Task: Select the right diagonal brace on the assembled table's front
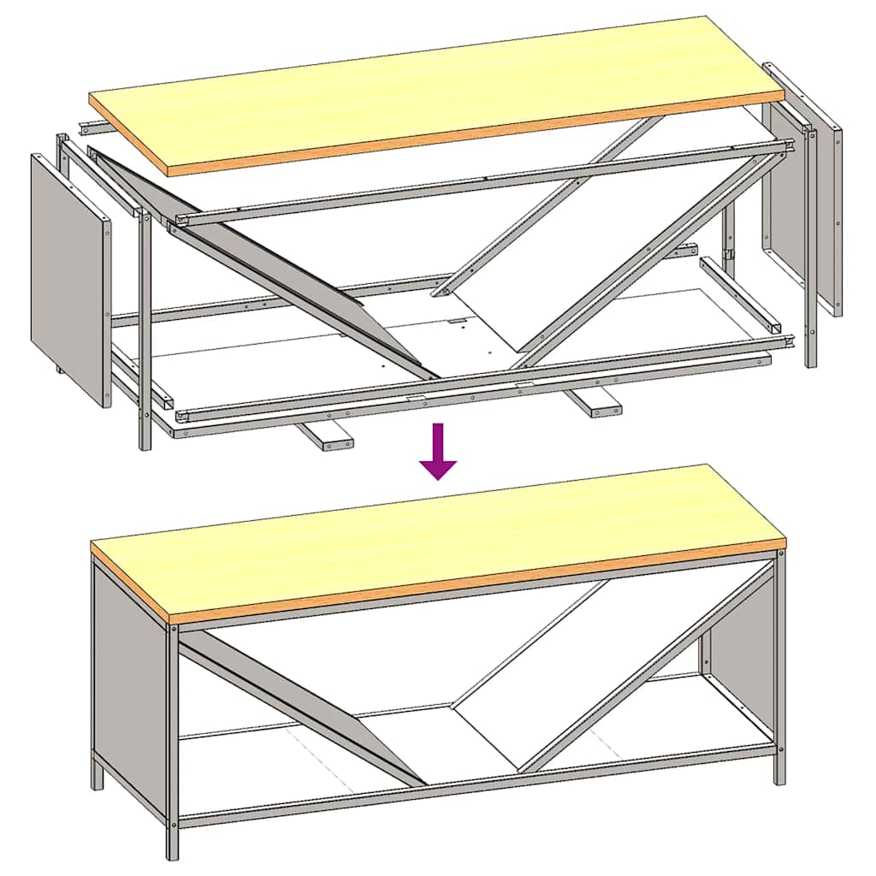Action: [x=650, y=667]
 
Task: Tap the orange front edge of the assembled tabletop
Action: [x=471, y=582]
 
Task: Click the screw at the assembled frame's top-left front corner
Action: [x=174, y=629]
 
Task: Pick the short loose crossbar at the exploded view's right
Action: [x=740, y=295]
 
